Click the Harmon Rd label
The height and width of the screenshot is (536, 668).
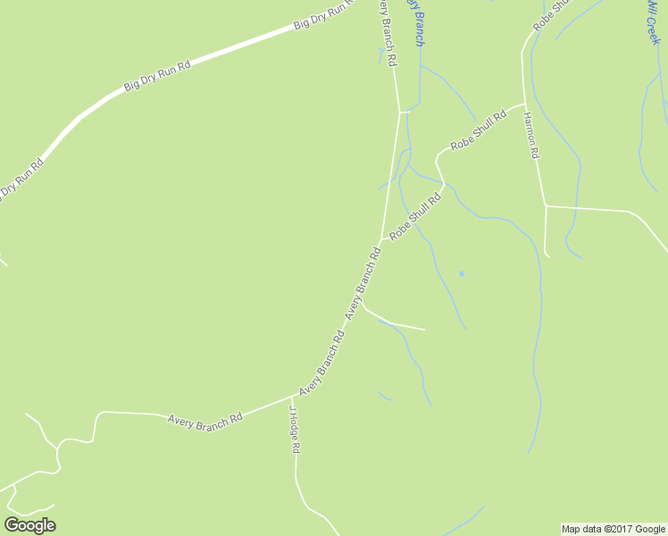[x=531, y=137]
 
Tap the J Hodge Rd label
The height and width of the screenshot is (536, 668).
[x=292, y=430]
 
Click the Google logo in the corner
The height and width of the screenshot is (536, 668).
[x=29, y=525]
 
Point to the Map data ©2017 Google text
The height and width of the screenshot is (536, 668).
[x=614, y=529]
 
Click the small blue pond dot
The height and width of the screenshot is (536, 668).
[x=462, y=273]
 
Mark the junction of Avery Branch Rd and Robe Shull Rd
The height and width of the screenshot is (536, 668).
[x=383, y=239]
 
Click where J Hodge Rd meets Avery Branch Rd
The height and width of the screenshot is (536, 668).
[x=295, y=395]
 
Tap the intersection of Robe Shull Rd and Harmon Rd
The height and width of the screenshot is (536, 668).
[x=523, y=103]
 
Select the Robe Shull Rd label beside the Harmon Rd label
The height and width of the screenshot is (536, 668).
[x=478, y=130]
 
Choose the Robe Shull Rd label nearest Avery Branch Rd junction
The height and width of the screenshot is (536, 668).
[x=416, y=215]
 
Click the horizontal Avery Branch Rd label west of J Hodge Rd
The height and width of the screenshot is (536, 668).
[x=205, y=418]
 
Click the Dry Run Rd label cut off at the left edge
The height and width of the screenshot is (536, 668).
[x=20, y=180]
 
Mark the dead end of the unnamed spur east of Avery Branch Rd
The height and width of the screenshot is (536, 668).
[x=424, y=330]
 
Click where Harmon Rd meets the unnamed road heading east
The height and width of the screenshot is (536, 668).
[x=545, y=206]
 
